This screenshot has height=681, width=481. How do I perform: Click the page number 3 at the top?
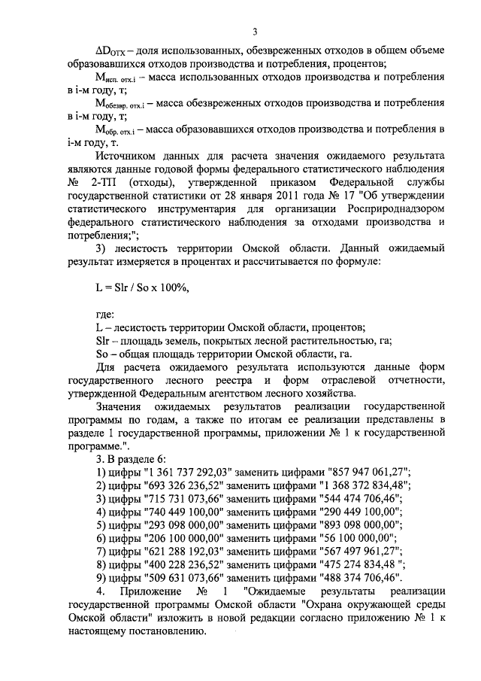pyautogui.click(x=255, y=31)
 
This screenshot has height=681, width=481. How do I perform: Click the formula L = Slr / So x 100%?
pyautogui.click(x=138, y=287)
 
